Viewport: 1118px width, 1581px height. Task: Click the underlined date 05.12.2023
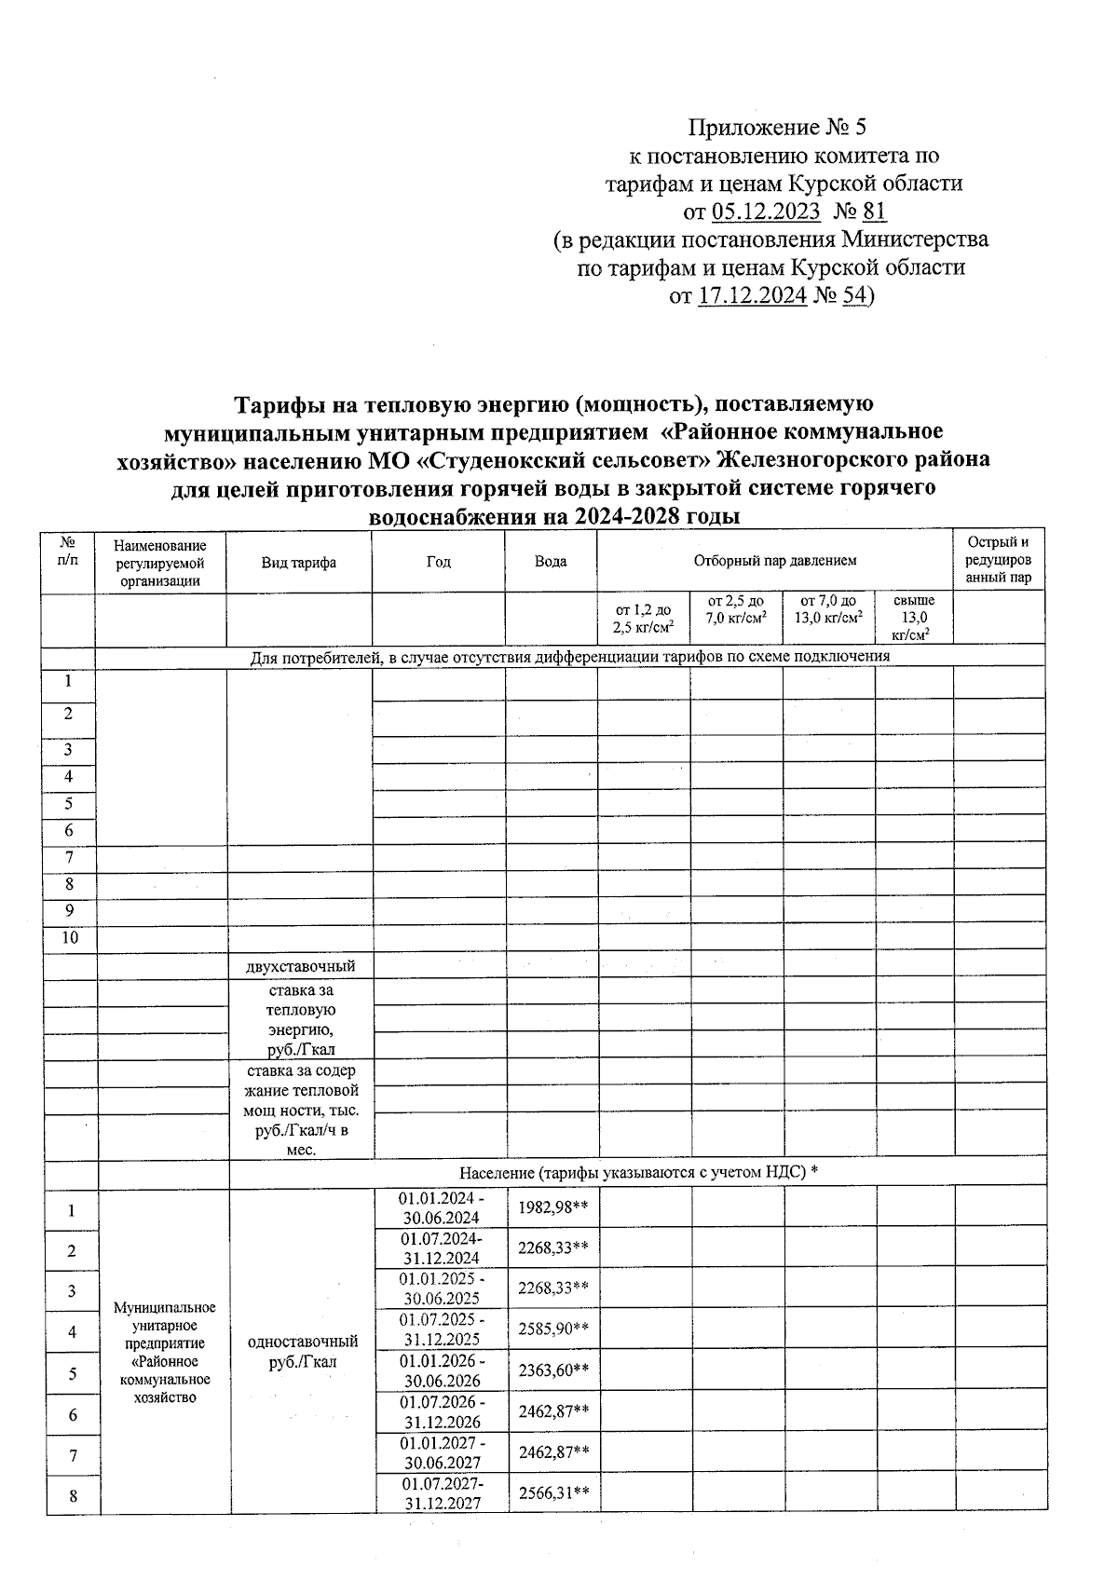[765, 211]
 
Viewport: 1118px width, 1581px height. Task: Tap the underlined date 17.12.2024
[751, 296]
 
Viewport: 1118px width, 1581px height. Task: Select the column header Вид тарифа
[298, 562]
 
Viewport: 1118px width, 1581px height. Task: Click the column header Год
[438, 562]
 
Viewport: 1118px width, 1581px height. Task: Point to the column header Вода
[551, 562]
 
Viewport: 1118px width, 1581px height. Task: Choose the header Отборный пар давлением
[774, 561]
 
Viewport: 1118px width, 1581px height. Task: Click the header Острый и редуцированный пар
[998, 560]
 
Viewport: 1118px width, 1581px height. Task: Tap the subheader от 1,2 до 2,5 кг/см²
[643, 619]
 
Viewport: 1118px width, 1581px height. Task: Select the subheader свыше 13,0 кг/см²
[913, 618]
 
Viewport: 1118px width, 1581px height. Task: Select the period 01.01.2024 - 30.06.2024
[440, 1207]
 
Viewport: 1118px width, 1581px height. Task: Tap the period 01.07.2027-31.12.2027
[440, 1493]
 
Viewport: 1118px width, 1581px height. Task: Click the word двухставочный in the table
[300, 966]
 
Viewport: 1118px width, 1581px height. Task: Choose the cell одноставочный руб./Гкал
[302, 1352]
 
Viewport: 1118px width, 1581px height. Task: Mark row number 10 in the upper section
[71, 938]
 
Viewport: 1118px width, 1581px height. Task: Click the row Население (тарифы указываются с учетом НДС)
[637, 1173]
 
